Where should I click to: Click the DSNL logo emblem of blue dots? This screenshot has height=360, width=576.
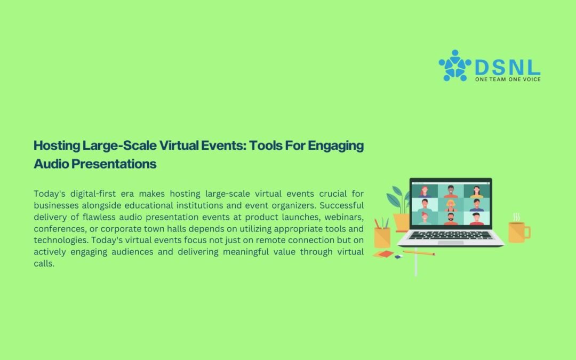click(455, 66)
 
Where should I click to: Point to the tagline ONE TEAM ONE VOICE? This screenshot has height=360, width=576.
click(508, 79)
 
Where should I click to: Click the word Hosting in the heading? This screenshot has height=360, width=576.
click(57, 146)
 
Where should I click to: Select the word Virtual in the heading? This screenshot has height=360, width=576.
click(178, 146)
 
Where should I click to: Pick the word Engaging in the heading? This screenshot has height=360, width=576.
click(336, 146)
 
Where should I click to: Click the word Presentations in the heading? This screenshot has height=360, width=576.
click(114, 164)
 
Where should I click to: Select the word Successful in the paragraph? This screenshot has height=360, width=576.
click(342, 205)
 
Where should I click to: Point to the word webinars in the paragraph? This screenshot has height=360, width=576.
click(344, 217)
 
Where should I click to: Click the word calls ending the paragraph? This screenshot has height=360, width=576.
click(44, 263)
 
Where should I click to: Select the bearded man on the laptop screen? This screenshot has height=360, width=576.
click(451, 219)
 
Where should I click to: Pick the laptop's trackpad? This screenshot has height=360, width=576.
click(451, 243)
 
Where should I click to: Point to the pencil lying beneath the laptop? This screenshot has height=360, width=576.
click(419, 253)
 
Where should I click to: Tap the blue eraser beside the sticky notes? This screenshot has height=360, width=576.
click(398, 257)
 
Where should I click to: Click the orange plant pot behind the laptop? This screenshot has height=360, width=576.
click(401, 222)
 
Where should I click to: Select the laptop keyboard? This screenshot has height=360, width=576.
click(451, 235)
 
